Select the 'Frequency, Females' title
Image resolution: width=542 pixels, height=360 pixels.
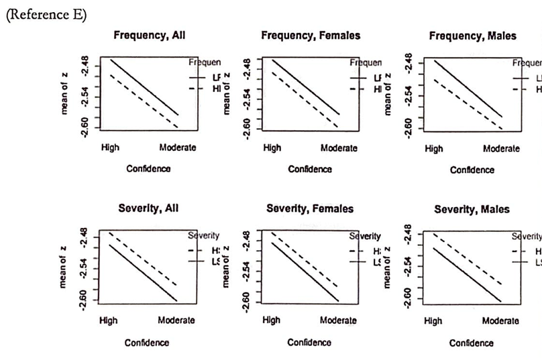click(x=310, y=36)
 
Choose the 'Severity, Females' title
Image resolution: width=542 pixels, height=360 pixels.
click(x=310, y=208)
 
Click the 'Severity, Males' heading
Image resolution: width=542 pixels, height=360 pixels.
click(x=472, y=210)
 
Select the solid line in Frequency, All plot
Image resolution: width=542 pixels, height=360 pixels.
click(x=144, y=87)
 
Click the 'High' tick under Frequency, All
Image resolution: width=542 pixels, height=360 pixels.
click(x=109, y=147)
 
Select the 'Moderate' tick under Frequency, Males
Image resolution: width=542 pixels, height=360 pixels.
click(x=501, y=149)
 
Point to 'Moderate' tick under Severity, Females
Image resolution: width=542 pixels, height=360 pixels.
click(x=338, y=320)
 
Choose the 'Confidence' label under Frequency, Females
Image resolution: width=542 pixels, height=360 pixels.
click(x=310, y=169)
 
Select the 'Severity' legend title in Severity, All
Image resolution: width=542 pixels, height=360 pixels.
click(x=204, y=236)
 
